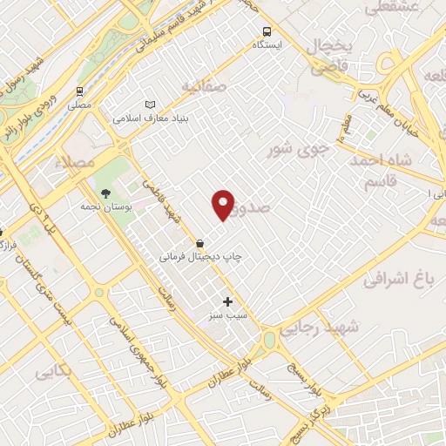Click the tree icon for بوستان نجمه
[x=106, y=193]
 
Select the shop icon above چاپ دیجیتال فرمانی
[x=201, y=244]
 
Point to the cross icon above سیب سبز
[x=228, y=301]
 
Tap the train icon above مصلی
[x=80, y=91]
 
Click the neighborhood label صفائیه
[x=204, y=86]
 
